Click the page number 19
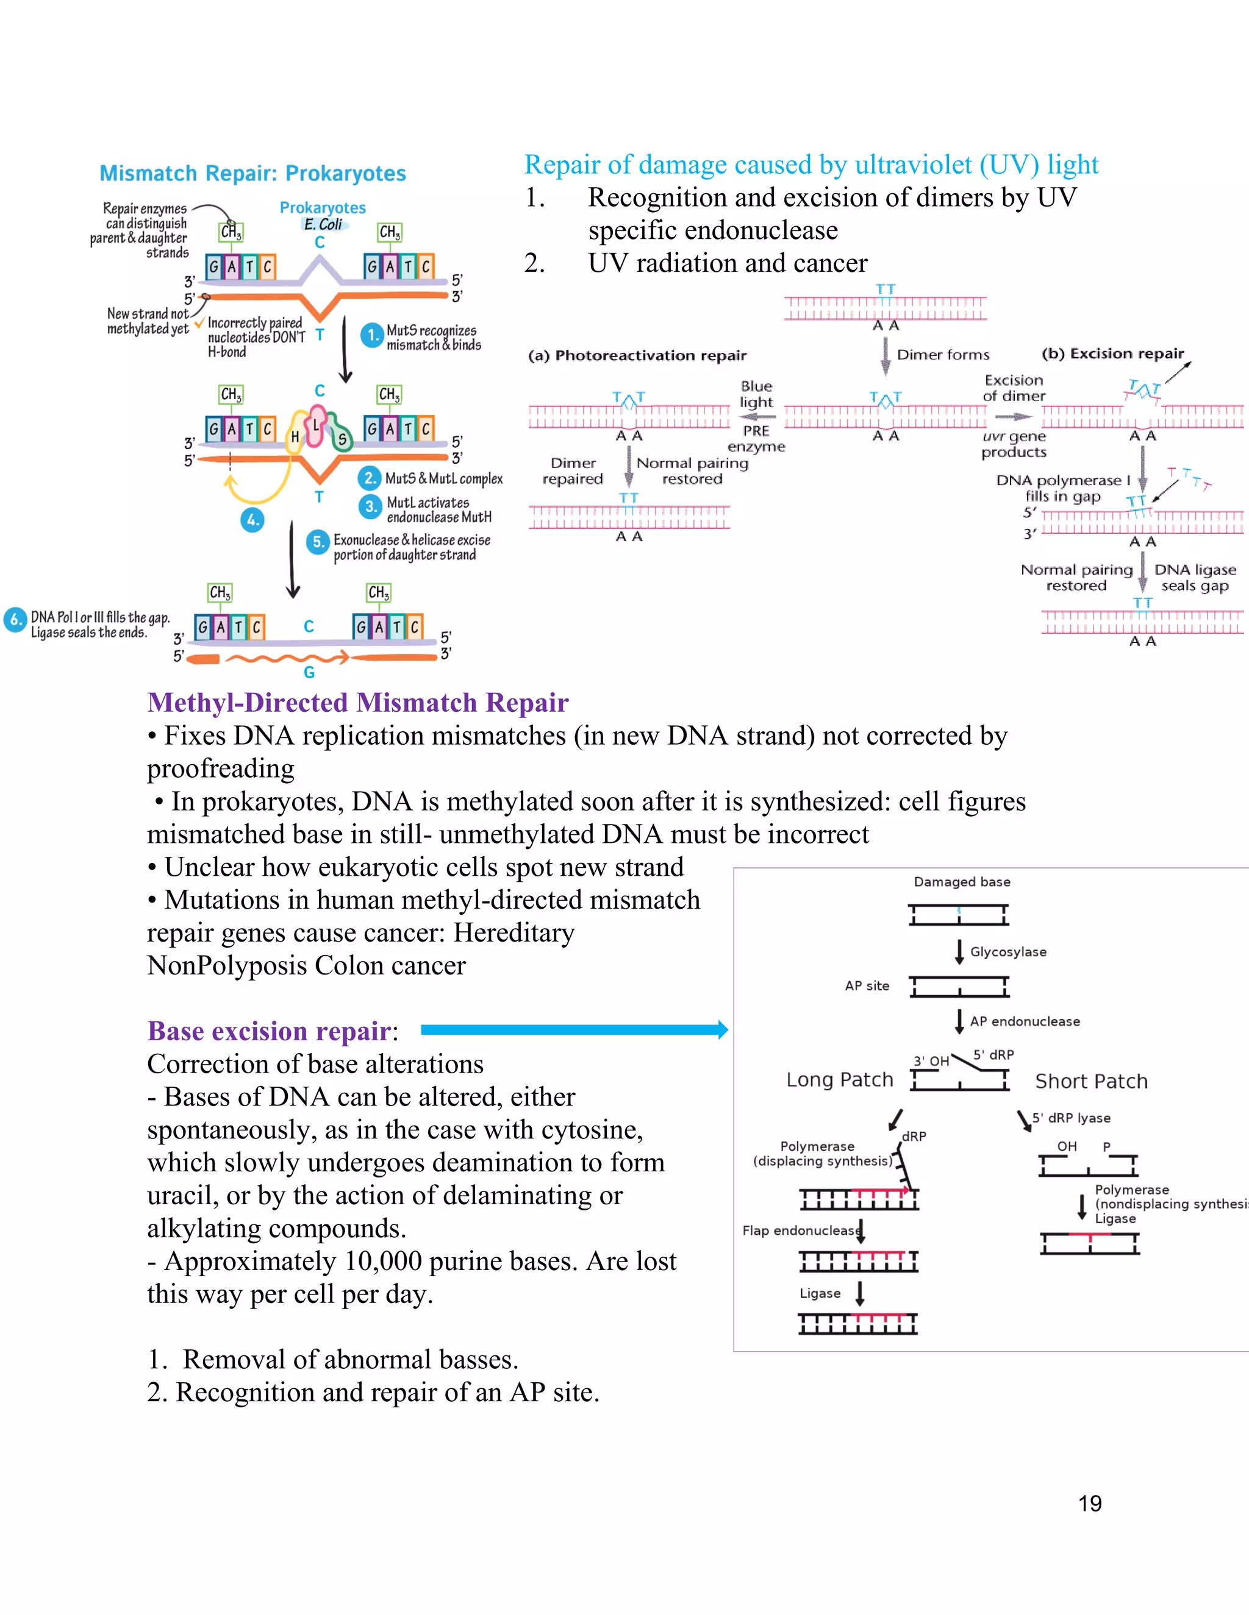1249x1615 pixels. click(1089, 1503)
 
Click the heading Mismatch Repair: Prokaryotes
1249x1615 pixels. click(252, 173)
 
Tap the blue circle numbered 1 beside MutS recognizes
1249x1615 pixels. click(371, 335)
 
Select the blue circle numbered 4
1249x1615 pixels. click(252, 520)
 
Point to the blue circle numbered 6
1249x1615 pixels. click(15, 620)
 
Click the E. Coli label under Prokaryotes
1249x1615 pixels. click(323, 224)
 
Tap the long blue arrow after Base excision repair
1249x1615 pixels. click(573, 1029)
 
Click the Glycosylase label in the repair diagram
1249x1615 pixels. click(1007, 952)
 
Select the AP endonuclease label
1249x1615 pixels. click(1025, 1021)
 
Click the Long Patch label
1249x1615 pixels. click(839, 1080)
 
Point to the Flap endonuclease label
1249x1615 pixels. click(801, 1230)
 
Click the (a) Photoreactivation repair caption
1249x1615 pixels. click(637, 356)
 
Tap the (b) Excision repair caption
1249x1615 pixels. click(1112, 353)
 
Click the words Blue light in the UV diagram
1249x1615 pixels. click(756, 394)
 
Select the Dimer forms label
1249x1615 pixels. click(943, 355)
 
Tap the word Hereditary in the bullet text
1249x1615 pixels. click(514, 933)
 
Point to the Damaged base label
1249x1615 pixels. click(961, 881)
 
